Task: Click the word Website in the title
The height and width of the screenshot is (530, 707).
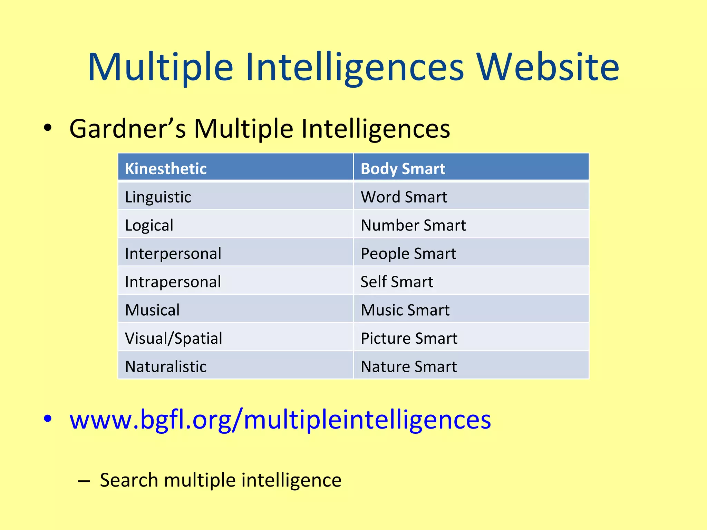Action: coord(548,67)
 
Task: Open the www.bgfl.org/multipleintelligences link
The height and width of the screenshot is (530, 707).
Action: coord(280,420)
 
